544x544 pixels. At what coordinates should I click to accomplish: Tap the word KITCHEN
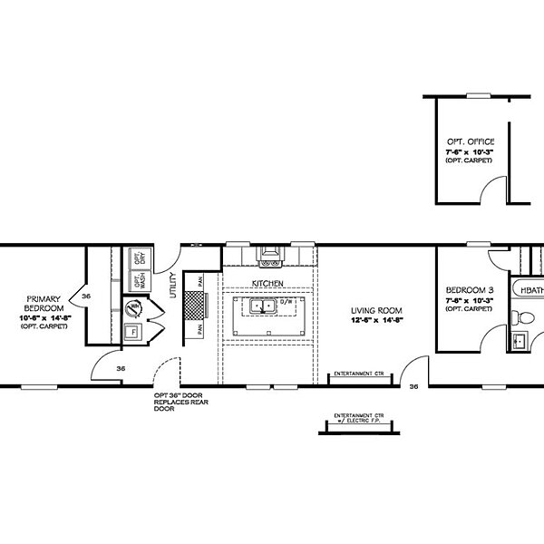pyautogui.click(x=268, y=284)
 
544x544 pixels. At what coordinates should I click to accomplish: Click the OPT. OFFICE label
pyautogui.click(x=469, y=142)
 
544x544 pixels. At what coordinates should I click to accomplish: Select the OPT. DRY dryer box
pyautogui.click(x=140, y=257)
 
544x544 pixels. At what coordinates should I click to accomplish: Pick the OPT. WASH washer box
pyautogui.click(x=140, y=281)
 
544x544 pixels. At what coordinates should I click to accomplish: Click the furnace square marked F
pyautogui.click(x=134, y=332)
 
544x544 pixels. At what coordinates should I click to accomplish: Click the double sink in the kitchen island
pyautogui.click(x=261, y=307)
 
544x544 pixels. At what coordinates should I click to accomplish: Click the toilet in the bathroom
pyautogui.click(x=520, y=318)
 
